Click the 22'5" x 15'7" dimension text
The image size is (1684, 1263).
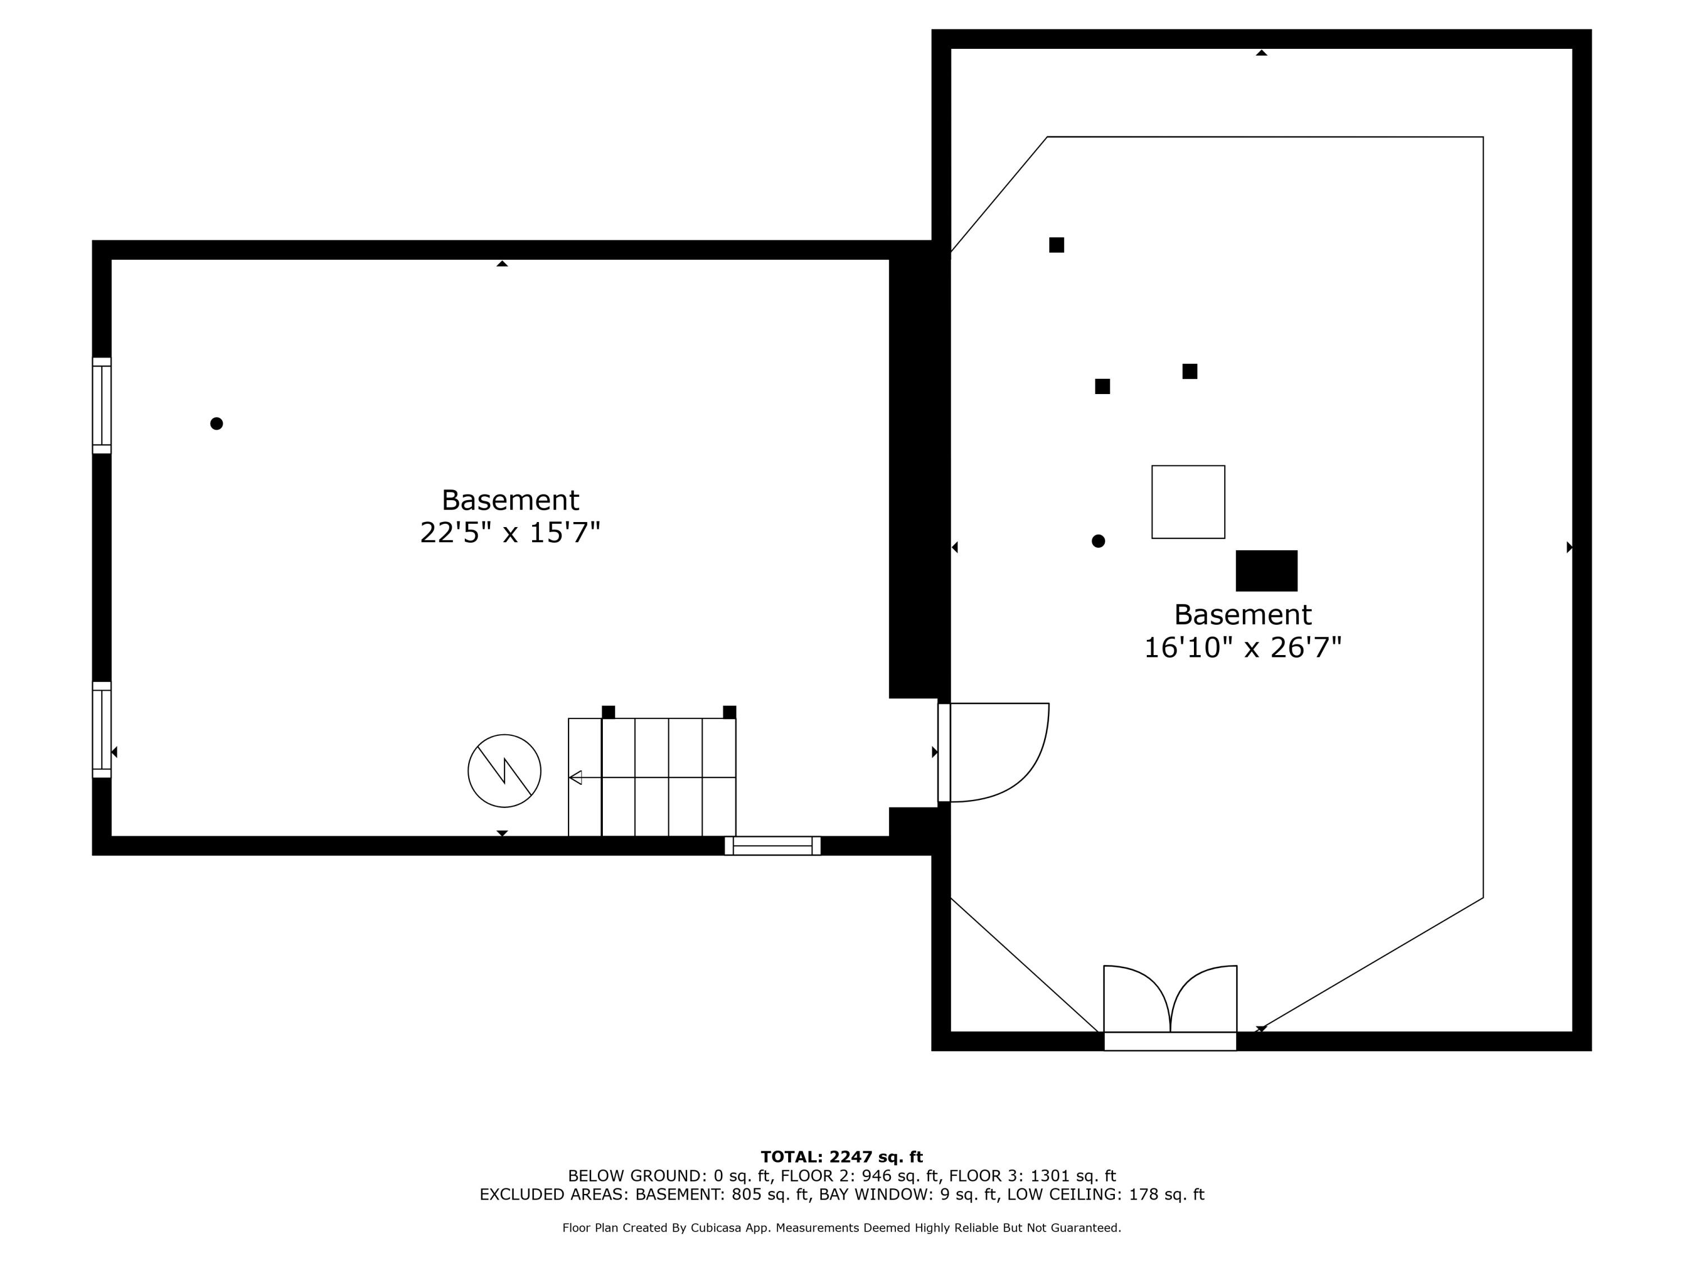coord(510,533)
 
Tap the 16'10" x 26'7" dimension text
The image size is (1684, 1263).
coord(1242,648)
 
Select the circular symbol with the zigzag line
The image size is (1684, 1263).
coord(504,771)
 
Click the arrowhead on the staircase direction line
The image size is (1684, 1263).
coord(575,777)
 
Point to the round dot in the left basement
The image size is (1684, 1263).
coord(216,423)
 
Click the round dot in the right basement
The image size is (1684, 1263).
coord(1098,541)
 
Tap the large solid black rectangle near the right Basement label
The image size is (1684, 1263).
coord(1266,570)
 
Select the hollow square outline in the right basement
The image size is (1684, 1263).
coord(1188,502)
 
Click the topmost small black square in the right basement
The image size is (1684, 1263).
coord(1056,244)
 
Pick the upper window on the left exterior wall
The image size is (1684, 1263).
coord(101,405)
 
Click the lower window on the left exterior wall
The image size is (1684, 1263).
coord(101,729)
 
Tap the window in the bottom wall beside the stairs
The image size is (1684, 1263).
coord(772,846)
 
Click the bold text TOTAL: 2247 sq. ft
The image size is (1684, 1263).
coord(841,1157)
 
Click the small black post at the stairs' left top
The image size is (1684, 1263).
coord(608,712)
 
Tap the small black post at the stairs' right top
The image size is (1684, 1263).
coord(729,712)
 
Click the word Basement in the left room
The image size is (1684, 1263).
coord(510,500)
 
